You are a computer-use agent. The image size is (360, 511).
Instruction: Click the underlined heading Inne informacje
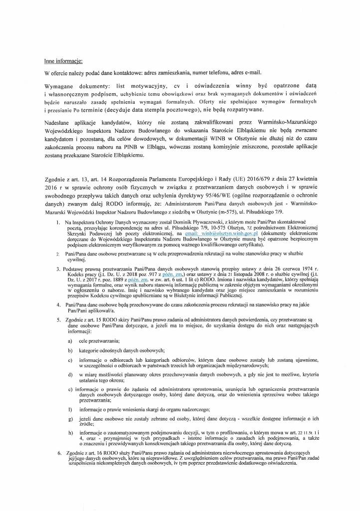63,61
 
